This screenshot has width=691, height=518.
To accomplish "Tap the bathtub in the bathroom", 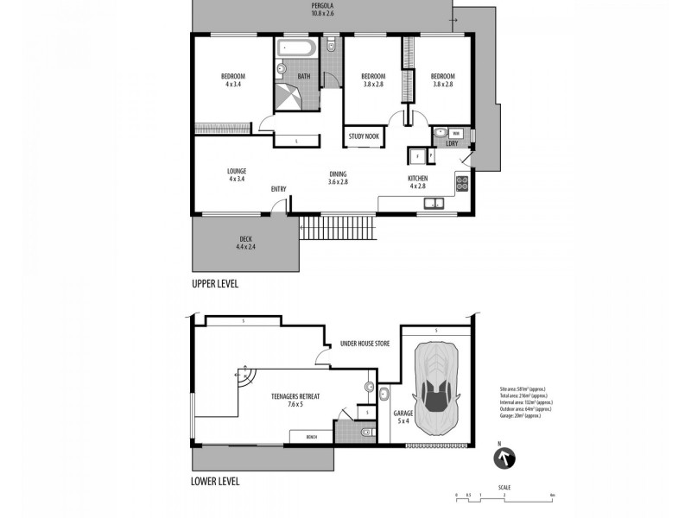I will click(299, 48).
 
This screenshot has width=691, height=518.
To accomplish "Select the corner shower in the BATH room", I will click(290, 97).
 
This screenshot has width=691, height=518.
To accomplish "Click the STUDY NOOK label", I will click(364, 136).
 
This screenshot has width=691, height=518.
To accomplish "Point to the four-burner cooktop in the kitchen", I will click(462, 183).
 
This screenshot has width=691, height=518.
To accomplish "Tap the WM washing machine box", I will click(458, 133).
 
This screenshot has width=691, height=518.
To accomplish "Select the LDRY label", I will click(451, 144).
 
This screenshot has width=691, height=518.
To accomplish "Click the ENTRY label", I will click(278, 189).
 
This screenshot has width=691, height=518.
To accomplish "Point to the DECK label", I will click(245, 242).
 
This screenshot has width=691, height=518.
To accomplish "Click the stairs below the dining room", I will click(339, 230).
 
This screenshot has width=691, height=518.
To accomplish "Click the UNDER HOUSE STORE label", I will click(365, 344).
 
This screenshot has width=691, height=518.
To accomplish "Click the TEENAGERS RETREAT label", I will click(295, 399).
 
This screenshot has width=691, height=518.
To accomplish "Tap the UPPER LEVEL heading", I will click(214, 282).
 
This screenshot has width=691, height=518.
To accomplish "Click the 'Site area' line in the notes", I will click(523, 389).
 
